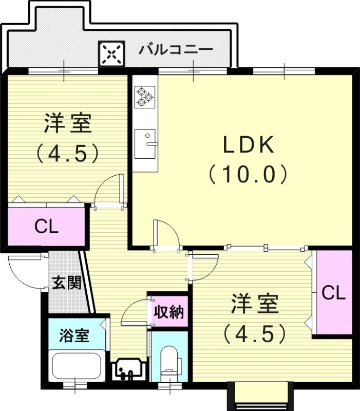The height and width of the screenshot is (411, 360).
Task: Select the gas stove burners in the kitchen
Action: [144, 97]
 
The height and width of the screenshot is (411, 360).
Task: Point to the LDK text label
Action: [248, 146]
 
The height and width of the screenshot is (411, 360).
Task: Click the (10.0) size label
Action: [248, 175]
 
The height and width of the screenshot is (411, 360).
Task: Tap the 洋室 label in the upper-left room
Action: [67, 123]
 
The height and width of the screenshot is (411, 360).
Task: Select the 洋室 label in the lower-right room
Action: [254, 304]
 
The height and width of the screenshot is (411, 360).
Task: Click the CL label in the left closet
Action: [46, 227]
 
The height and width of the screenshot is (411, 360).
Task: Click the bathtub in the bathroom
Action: [77, 366]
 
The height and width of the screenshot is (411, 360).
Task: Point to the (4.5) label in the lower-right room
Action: [254, 334]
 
